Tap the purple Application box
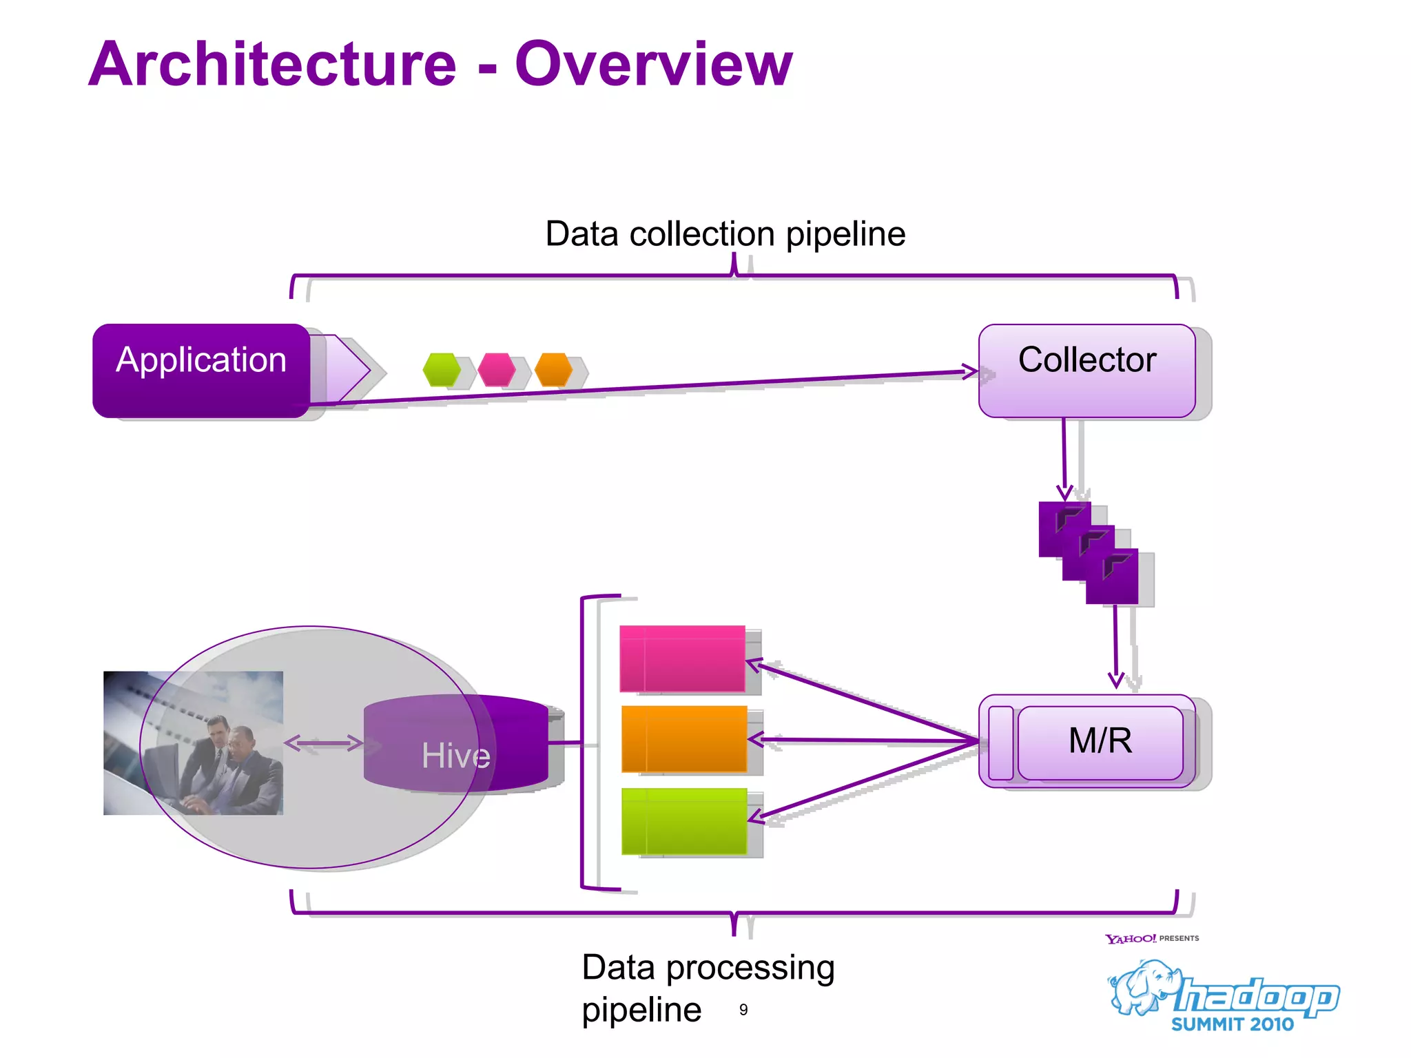(201, 369)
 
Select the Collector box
(1086, 370)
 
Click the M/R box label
(1100, 741)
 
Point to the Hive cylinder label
(455, 755)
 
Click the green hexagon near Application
(442, 370)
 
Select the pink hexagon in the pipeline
(497, 370)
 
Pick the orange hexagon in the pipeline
(553, 370)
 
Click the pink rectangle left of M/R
(682, 658)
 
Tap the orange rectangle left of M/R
(683, 738)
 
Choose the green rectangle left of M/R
(683, 821)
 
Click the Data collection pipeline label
(725, 234)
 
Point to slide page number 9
(743, 1010)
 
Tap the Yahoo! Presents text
(1151, 938)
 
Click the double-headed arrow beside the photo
(323, 743)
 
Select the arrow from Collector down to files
(1064, 458)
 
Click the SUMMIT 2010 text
(1233, 1024)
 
